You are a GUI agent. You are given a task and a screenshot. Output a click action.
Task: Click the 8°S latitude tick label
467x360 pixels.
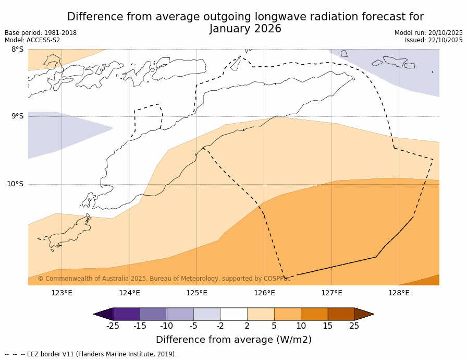[17, 50]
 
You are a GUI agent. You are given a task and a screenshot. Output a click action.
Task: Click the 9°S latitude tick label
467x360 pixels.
[17, 116]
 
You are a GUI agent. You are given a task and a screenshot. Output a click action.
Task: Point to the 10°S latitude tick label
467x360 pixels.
[15, 184]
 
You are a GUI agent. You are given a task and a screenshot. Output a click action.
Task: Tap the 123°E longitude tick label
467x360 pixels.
[62, 293]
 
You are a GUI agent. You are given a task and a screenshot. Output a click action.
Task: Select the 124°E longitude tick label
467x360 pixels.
[129, 293]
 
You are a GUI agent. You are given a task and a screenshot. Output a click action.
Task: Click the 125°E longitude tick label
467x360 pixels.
[196, 293]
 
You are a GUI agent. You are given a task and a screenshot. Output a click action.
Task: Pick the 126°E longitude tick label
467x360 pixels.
[264, 293]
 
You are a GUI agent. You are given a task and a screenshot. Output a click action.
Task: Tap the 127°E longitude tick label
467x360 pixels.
[331, 293]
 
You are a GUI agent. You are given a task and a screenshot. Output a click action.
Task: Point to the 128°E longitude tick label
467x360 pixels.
[399, 293]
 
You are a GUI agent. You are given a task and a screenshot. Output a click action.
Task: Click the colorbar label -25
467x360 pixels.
[113, 326]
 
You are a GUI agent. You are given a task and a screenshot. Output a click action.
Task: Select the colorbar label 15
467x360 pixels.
[327, 326]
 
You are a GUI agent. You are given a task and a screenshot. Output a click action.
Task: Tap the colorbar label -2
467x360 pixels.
[220, 326]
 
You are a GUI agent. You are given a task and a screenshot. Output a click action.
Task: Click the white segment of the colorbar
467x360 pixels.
[233, 314]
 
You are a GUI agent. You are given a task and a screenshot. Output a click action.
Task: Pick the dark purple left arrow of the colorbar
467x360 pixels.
[103, 314]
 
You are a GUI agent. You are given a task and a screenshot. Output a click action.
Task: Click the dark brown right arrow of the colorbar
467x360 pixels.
[364, 314]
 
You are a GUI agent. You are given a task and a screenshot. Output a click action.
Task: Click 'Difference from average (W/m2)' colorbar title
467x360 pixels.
[233, 340]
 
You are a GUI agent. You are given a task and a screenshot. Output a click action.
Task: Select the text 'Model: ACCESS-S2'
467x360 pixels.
[32, 40]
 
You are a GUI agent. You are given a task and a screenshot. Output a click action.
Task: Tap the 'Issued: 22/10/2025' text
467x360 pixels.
[434, 40]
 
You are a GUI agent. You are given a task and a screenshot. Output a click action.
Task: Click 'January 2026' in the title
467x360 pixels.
[245, 29]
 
